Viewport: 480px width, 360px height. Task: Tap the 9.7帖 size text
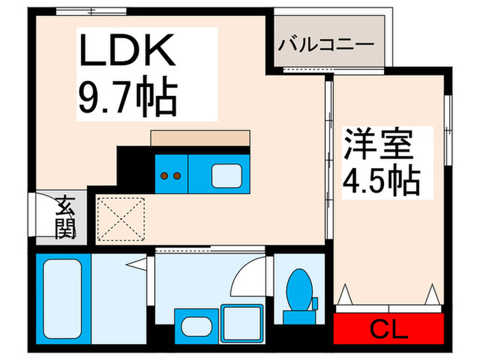127,97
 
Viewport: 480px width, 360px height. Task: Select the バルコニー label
326,45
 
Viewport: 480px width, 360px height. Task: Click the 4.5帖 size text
380,181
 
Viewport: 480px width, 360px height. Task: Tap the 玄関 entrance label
65,217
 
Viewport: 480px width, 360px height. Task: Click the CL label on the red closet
389,330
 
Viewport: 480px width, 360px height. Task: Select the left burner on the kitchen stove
165,176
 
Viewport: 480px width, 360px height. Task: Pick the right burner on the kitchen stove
177,176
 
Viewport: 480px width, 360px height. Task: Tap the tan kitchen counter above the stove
200,137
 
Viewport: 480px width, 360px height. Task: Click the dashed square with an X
121,219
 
